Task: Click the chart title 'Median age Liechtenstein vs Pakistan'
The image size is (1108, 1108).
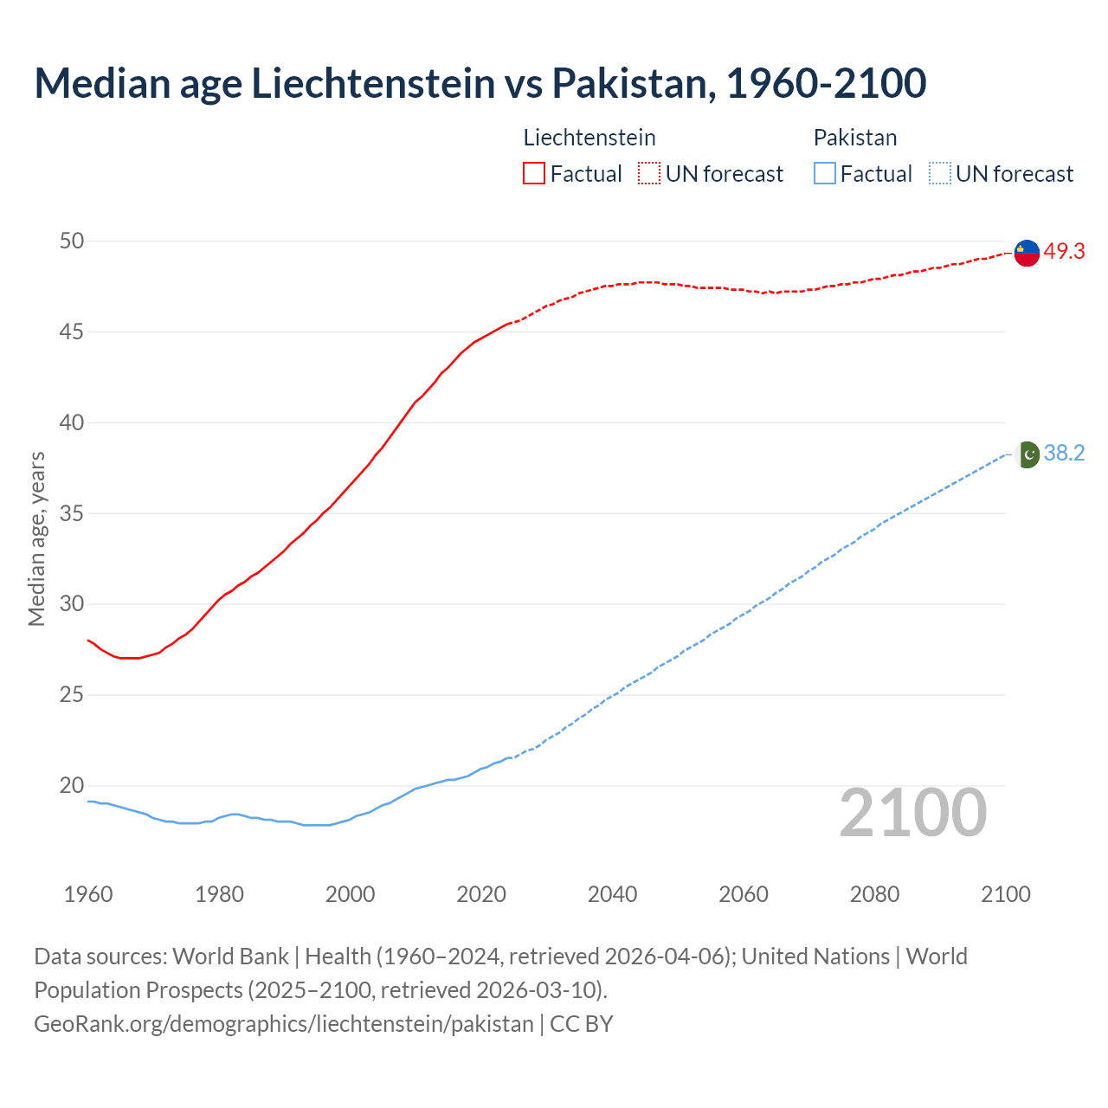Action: coord(480,83)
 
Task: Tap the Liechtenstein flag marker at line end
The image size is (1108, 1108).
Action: coord(1027,253)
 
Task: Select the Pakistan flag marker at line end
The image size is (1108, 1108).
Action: coord(1027,454)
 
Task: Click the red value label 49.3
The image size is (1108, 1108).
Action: coord(1064,252)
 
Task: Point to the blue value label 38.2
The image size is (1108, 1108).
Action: coord(1064,454)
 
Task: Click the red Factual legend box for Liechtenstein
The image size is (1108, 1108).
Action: coord(534,174)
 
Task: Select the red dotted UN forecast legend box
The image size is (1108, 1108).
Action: coord(649,174)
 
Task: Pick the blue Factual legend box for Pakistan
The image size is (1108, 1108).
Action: coord(825,174)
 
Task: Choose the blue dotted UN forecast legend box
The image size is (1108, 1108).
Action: coord(939,174)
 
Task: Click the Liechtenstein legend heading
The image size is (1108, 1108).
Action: coord(589,138)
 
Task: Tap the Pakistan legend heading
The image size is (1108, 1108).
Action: coord(855,138)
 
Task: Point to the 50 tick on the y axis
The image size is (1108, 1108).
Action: coord(72,242)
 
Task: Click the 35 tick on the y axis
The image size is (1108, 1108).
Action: coord(72,514)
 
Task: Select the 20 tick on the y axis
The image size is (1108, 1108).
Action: coord(72,786)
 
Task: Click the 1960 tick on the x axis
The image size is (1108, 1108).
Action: coord(88,894)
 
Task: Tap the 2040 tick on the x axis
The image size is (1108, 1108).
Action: coord(612,894)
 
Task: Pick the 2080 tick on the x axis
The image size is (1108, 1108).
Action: coord(874,894)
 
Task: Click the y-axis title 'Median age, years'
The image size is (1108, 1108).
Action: coord(36,538)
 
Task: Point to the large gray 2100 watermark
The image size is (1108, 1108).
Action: coord(913,813)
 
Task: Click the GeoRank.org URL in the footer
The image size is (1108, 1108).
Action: coord(284,1024)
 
